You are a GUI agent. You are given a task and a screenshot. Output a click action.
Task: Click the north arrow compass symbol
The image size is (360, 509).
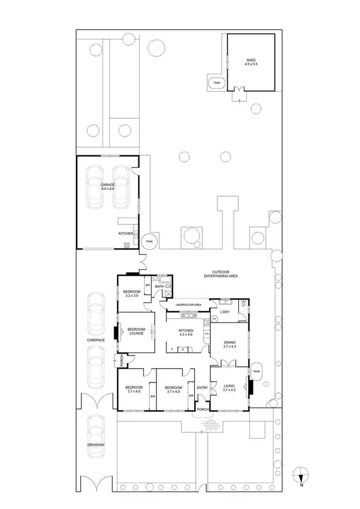point(301,477)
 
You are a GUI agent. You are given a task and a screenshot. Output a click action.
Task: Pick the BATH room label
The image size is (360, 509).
point(159,287)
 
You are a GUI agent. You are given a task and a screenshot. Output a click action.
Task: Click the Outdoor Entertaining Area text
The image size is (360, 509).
point(221,275)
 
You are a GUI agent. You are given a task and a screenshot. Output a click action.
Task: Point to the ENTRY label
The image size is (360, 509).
point(202,387)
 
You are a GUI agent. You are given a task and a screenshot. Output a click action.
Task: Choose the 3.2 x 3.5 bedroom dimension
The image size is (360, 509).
point(132,296)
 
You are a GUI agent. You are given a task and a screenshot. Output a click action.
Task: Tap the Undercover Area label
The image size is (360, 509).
point(187,305)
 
